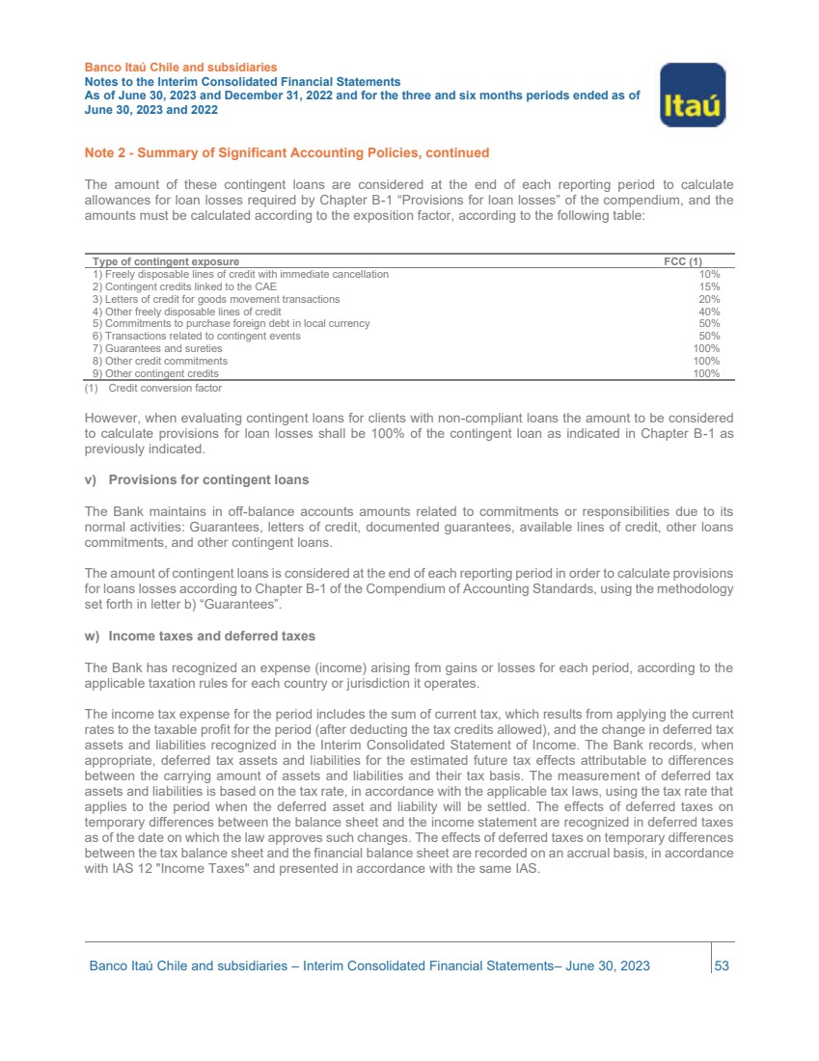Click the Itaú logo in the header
(692, 95)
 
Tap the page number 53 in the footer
(721, 966)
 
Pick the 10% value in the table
(709, 274)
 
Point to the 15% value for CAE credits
(709, 286)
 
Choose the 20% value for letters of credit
(709, 299)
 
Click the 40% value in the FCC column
(709, 312)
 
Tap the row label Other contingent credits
(154, 373)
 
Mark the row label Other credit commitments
(159, 361)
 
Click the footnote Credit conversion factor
(164, 388)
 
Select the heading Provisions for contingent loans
(207, 479)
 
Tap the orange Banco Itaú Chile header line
(180, 68)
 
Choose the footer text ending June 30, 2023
(369, 966)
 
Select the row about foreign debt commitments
(231, 323)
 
